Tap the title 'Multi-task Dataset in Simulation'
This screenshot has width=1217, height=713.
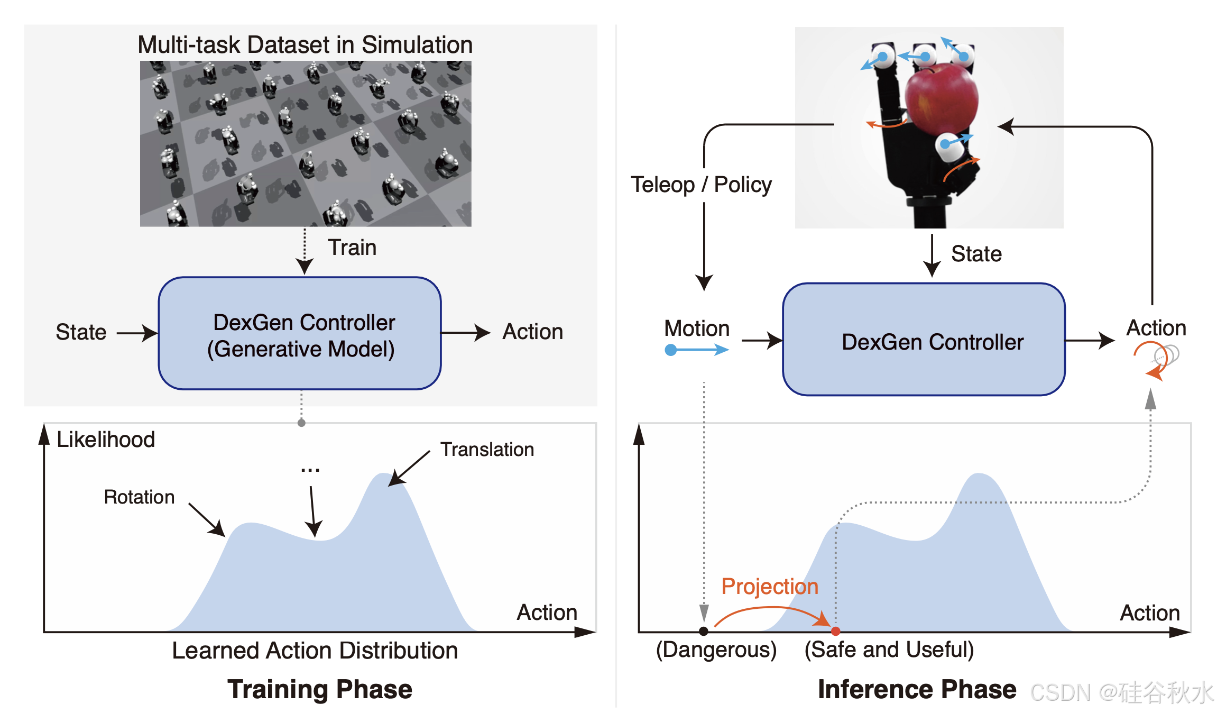click(305, 44)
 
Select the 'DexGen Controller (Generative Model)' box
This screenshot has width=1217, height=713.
click(300, 334)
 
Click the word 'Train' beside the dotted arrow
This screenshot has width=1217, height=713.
click(352, 248)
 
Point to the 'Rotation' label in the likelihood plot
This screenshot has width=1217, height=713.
click(139, 497)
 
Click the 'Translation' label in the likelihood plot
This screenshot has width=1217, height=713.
click(487, 450)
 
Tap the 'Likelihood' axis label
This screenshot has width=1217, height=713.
click(106, 440)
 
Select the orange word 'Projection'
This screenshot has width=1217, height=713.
click(770, 587)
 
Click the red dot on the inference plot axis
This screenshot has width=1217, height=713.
click(835, 631)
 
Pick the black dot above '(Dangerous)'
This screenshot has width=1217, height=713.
click(703, 631)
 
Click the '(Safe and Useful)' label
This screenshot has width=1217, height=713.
click(889, 650)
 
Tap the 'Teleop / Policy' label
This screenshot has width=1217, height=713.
click(701, 185)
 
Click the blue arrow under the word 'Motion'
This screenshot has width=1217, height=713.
click(697, 350)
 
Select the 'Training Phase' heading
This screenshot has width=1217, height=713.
click(320, 689)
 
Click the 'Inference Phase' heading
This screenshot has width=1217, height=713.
click(917, 689)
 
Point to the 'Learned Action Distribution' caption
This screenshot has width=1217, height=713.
click(315, 651)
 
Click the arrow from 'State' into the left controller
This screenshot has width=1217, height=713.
click(136, 333)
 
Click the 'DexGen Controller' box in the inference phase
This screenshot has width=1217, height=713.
click(924, 340)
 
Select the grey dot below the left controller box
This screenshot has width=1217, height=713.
click(301, 423)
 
